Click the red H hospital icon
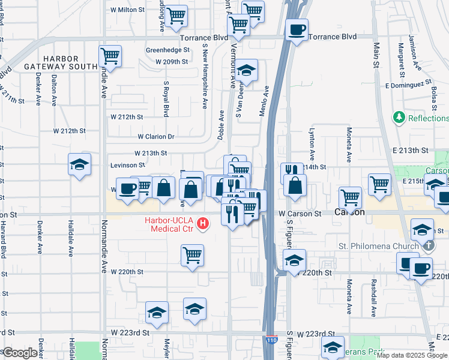coord(203,224)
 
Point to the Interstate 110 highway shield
coord(271,341)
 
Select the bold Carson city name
coord(349,213)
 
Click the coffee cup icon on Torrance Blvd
coord(296,30)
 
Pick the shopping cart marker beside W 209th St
coord(110,57)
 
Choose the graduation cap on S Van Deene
coord(246,70)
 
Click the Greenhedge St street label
coord(168,50)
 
